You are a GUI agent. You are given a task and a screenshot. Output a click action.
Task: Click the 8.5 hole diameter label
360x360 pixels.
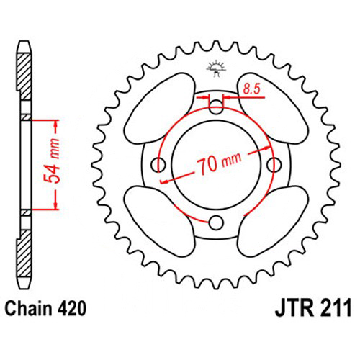click(252, 89)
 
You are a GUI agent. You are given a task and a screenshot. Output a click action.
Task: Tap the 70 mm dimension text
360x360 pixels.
click(219, 163)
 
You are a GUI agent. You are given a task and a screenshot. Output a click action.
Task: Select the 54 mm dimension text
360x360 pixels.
click(52, 161)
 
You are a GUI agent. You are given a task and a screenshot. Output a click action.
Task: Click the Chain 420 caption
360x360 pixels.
click(45, 308)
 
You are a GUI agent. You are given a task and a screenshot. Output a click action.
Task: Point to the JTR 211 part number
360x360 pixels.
click(313, 308)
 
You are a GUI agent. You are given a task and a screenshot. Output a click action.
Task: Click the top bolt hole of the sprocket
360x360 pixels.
click(216, 106)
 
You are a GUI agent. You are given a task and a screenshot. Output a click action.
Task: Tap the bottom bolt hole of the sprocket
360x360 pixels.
click(216, 222)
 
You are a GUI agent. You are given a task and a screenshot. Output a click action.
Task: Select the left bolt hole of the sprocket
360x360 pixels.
click(158, 165)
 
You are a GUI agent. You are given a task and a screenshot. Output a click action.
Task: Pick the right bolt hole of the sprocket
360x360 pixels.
click(274, 165)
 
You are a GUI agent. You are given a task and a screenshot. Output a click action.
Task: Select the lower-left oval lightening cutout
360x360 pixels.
click(160, 221)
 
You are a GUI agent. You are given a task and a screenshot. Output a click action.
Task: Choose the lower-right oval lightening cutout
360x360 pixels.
click(273, 221)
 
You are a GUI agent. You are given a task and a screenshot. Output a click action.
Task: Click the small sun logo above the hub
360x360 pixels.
click(216, 68)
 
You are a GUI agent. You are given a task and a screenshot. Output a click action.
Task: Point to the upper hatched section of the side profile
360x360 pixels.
click(24, 77)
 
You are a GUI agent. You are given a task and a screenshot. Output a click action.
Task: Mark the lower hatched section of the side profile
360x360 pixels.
click(24, 253)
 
